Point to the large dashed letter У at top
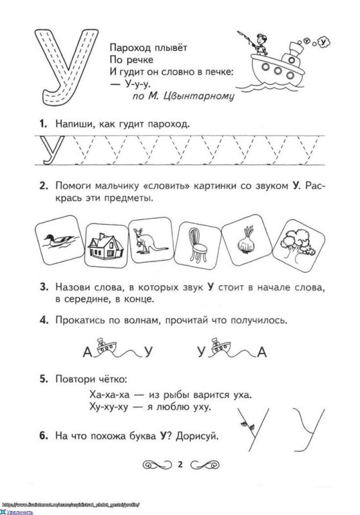61,67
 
